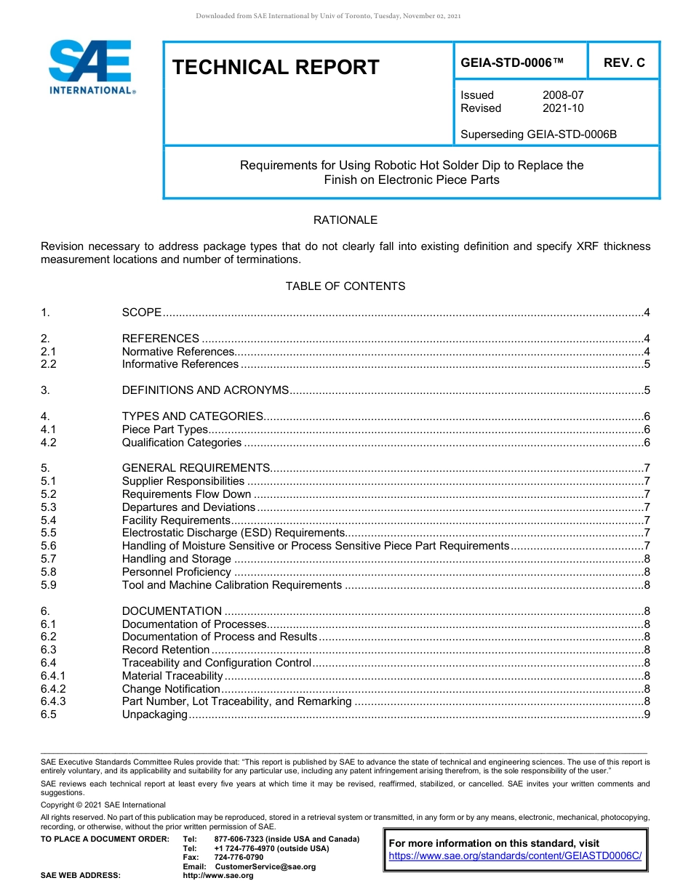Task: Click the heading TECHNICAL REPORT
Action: (x=276, y=68)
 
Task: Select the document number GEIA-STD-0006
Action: (x=512, y=63)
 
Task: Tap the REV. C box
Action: (x=623, y=63)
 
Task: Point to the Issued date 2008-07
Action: (x=562, y=95)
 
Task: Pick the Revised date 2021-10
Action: (x=562, y=108)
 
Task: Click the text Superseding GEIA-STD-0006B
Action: (x=538, y=134)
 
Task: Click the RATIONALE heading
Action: (x=345, y=220)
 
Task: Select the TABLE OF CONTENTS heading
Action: (x=345, y=286)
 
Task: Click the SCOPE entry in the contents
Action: (x=142, y=313)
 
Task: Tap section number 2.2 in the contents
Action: (x=49, y=364)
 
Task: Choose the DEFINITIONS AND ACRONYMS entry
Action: (x=205, y=390)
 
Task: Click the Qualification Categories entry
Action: (x=182, y=443)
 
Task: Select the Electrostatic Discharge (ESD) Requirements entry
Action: (x=233, y=533)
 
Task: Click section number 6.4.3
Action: (x=53, y=701)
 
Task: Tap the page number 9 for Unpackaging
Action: (x=647, y=714)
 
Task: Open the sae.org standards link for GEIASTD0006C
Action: (x=515, y=856)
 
